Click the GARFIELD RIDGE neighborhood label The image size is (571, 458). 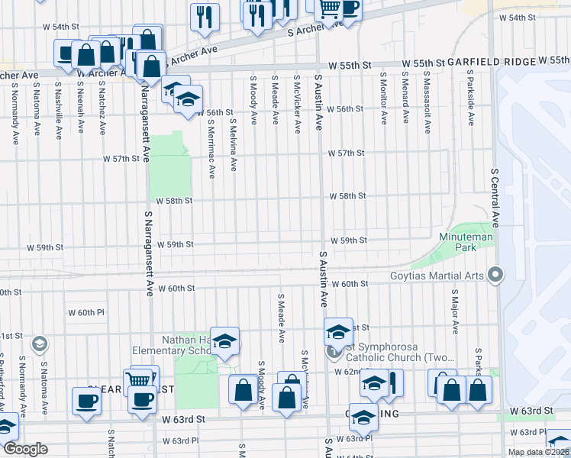490,61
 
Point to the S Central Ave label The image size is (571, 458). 495,198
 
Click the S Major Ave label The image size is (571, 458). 455,311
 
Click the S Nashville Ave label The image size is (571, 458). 59,114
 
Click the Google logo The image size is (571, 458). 24,450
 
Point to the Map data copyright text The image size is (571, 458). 538,452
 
